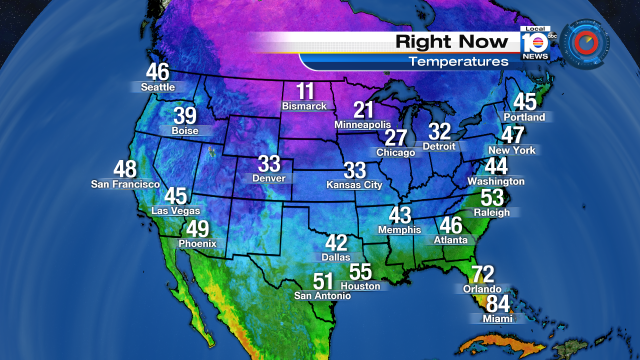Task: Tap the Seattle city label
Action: click(x=157, y=87)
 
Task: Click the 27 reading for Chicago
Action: click(x=397, y=137)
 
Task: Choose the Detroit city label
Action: click(x=439, y=146)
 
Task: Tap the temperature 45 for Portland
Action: click(x=525, y=102)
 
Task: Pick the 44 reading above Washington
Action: click(x=496, y=166)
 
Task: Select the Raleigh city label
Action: click(x=492, y=212)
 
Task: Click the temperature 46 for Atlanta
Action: click(x=451, y=226)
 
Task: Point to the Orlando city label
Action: click(x=483, y=288)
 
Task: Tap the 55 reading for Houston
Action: click(x=360, y=271)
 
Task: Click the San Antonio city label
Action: click(x=322, y=296)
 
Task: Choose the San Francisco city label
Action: click(x=125, y=184)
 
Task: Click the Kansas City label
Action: click(x=355, y=185)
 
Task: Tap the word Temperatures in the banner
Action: click(x=458, y=62)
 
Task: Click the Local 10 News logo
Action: click(x=534, y=43)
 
